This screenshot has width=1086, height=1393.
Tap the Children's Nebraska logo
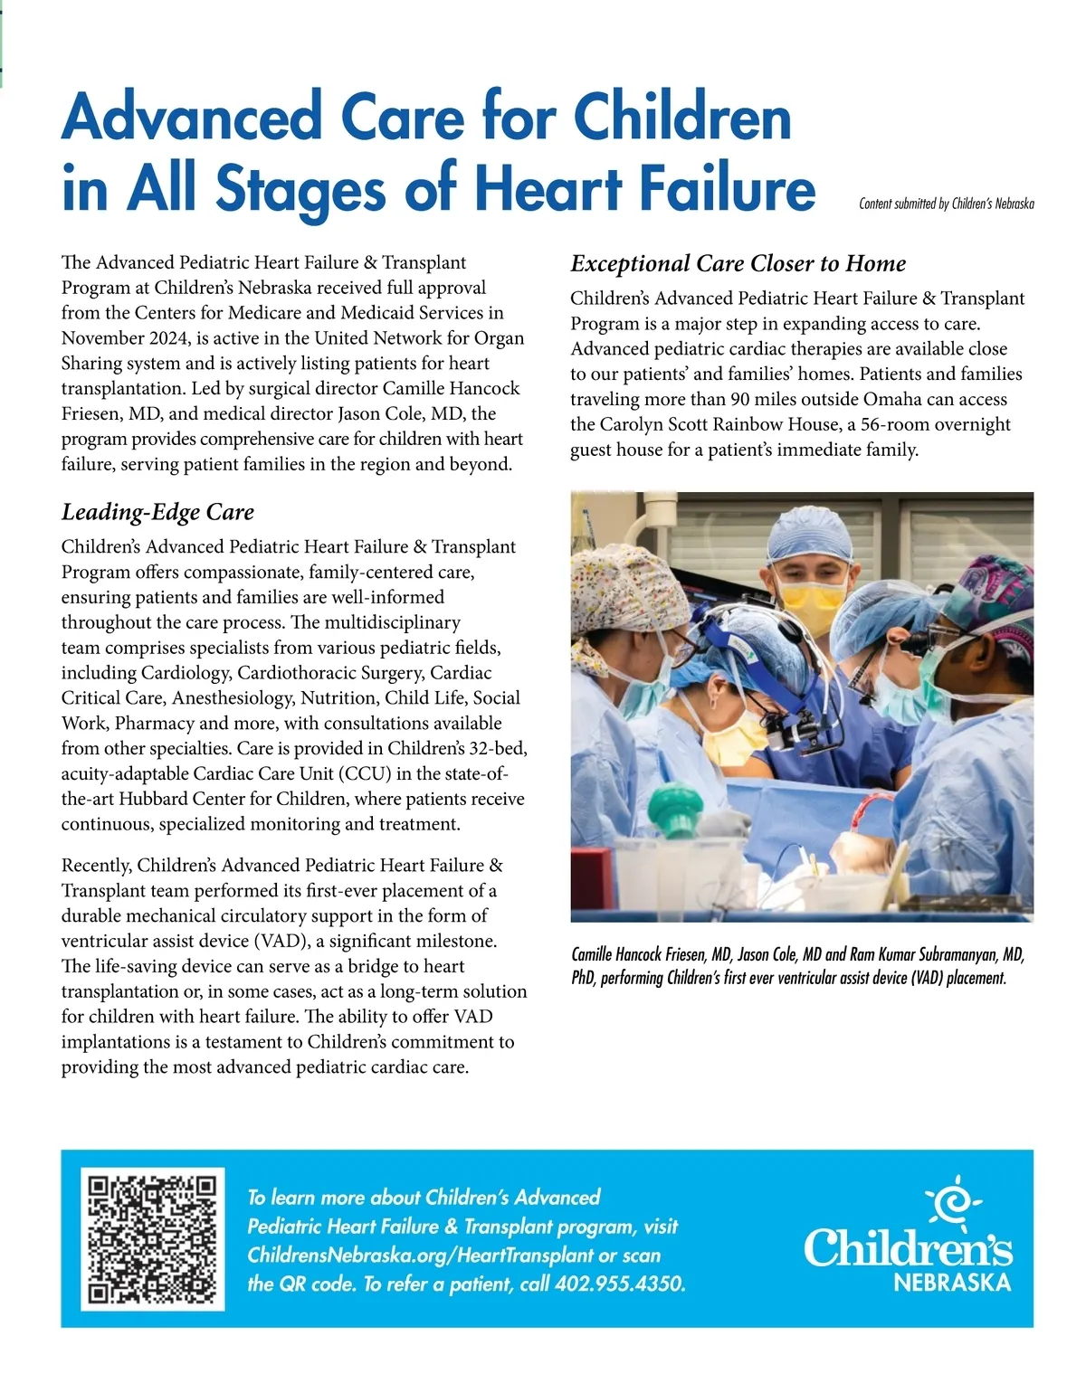[x=908, y=1240]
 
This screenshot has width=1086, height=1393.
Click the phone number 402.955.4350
[x=619, y=1284]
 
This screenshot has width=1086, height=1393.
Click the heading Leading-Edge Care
[x=157, y=512]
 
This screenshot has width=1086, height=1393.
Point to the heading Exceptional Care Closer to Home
[x=738, y=263]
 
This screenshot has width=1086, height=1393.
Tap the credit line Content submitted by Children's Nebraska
[x=946, y=204]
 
